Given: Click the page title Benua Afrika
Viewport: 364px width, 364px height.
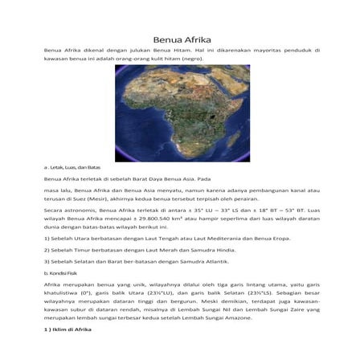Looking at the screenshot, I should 182,41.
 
